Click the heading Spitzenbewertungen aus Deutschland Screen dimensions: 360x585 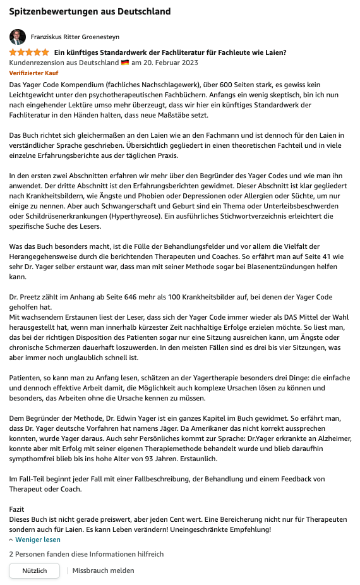click(90, 11)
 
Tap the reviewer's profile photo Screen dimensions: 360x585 click(18, 37)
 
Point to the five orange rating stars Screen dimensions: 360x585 click(28, 52)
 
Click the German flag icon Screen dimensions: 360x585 click(125, 63)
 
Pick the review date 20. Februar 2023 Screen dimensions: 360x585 click(171, 63)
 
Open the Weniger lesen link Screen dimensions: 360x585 click(38, 540)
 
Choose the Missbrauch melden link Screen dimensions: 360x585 click(104, 570)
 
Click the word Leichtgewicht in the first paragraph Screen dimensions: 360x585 click(31, 95)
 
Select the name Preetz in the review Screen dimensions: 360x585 click(36, 296)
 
